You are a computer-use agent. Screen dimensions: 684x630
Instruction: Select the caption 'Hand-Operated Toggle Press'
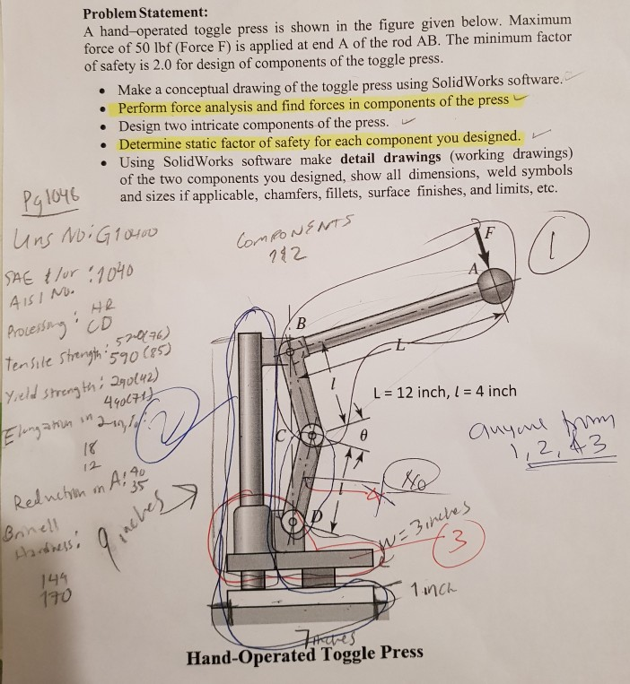[x=304, y=652]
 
